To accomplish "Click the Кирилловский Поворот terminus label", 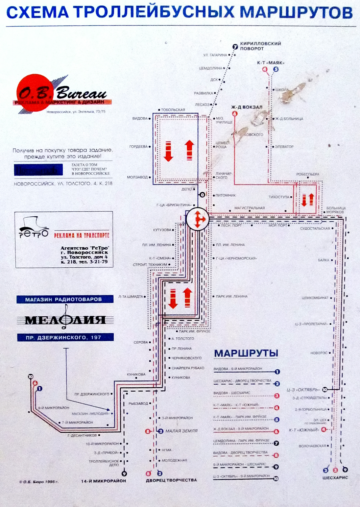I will (x=260, y=46).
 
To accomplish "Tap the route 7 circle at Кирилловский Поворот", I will (x=235, y=47).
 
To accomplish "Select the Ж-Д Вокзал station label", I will (x=247, y=107).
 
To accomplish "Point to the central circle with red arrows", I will (x=198, y=219).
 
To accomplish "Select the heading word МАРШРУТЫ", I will (x=246, y=354).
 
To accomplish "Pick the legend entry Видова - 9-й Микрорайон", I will (x=238, y=369).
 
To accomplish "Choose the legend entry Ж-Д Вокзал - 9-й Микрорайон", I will (x=241, y=429).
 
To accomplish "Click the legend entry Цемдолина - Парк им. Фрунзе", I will (x=241, y=441).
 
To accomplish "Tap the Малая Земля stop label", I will (x=182, y=431).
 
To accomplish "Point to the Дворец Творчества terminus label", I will (x=171, y=480).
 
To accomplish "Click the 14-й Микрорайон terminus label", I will (x=103, y=481).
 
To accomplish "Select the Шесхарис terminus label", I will (x=335, y=478).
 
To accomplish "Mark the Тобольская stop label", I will (x=173, y=110).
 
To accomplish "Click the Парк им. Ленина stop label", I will (x=232, y=296).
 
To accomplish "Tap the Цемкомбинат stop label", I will (x=315, y=298).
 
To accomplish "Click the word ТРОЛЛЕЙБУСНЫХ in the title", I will (x=154, y=13).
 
